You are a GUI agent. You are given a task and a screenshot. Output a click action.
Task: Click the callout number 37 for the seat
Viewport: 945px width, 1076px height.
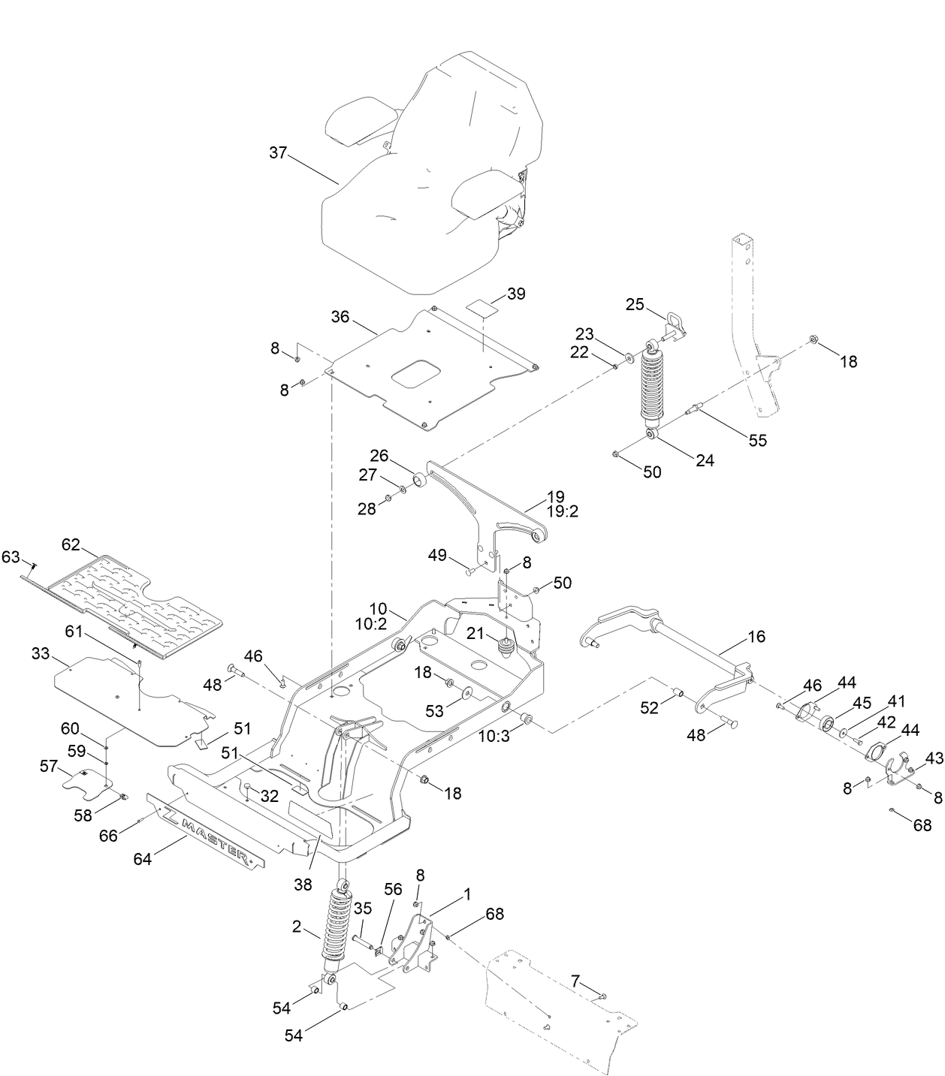[278, 152]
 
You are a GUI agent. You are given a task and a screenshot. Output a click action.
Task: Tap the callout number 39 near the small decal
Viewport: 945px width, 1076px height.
[516, 294]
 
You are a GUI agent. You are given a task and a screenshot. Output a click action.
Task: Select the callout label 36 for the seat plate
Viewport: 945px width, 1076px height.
[340, 317]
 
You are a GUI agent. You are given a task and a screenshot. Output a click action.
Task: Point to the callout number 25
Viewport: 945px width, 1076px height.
[635, 304]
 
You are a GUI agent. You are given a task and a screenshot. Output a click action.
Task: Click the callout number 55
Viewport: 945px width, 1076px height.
[758, 441]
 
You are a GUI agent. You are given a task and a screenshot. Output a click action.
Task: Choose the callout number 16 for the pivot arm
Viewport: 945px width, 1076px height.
[756, 637]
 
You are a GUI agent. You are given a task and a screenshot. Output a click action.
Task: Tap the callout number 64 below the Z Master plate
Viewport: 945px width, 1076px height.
[143, 858]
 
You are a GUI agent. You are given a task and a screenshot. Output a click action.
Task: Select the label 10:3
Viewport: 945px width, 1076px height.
[494, 737]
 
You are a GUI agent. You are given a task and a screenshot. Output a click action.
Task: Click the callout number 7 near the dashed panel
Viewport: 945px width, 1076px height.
[575, 981]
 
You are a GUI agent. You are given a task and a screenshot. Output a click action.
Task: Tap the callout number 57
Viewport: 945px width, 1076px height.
[49, 765]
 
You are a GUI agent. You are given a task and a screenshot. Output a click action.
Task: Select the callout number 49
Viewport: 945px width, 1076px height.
[437, 556]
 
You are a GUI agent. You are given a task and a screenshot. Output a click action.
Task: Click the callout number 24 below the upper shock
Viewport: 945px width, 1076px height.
[705, 461]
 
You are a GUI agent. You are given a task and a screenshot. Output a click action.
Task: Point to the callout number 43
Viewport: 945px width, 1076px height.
[934, 759]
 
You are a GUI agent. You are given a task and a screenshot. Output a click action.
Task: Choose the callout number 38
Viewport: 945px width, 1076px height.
[303, 885]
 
